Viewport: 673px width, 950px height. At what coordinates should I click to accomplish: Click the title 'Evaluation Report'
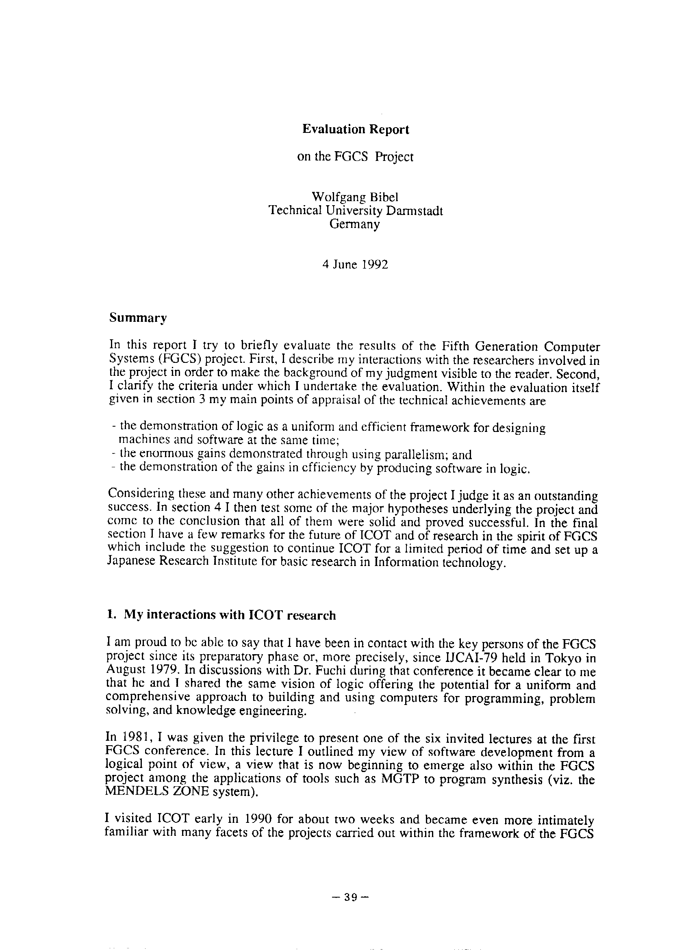[355, 130]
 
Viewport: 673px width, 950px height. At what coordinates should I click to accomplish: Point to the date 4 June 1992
[355, 265]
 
